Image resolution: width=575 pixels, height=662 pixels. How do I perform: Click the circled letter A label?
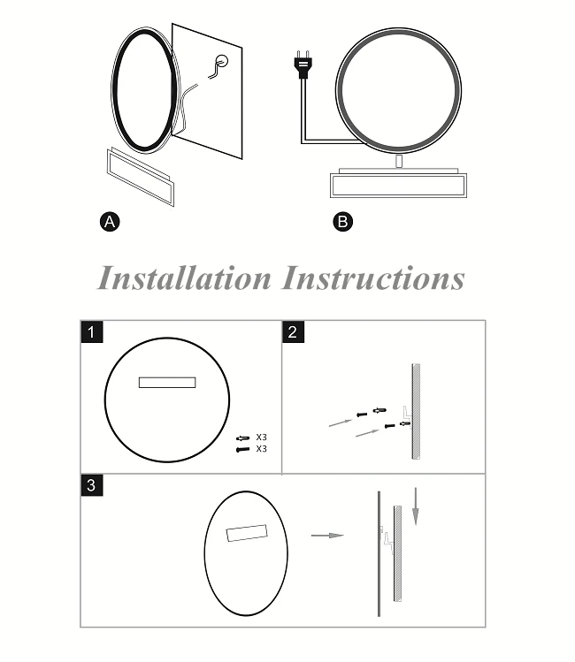point(110,222)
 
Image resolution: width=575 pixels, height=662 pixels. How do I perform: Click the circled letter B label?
point(342,222)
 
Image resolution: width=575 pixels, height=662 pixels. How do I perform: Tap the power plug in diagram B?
point(303,65)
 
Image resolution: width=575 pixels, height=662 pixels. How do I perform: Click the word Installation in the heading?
point(184,278)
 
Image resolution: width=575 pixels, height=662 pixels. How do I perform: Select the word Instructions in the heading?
point(373,278)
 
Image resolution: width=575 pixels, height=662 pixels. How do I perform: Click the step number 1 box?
point(92,332)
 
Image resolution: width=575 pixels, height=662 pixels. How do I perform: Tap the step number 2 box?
point(293,332)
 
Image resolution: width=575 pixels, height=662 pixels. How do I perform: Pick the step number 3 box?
point(92,485)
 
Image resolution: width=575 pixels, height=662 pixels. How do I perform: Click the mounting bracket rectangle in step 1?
point(167,383)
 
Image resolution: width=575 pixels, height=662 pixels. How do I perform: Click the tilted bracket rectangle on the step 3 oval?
point(247,533)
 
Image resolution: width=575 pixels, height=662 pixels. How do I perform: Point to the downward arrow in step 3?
point(416,506)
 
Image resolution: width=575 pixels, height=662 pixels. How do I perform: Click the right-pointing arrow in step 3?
point(327,536)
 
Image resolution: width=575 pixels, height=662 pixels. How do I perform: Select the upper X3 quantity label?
point(262,437)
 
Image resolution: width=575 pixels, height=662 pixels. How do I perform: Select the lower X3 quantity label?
point(262,448)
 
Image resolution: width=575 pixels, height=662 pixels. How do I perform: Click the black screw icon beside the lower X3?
point(243,450)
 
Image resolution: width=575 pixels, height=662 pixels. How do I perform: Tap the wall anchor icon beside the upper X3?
point(243,438)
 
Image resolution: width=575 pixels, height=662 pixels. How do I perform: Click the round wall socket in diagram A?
point(222,61)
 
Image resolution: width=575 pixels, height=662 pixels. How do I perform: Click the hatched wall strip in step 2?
point(416,411)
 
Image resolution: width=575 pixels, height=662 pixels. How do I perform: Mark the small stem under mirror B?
point(399,161)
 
